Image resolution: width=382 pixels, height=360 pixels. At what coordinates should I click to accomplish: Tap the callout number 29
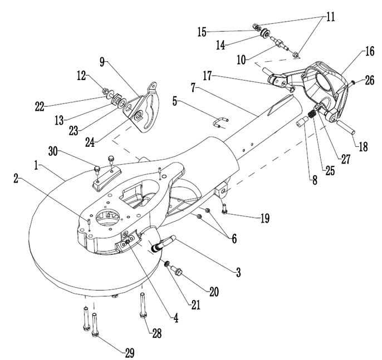129,353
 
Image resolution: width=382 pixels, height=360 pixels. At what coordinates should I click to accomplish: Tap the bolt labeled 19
224,210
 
